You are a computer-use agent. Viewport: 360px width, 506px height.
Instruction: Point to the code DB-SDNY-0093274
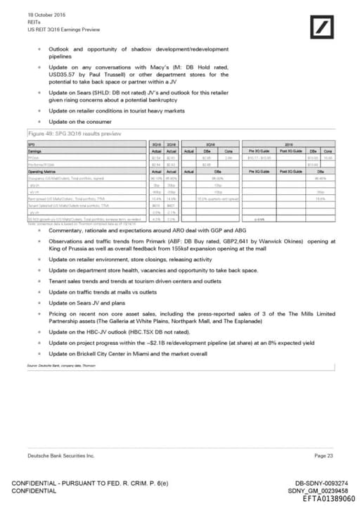(321, 481)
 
